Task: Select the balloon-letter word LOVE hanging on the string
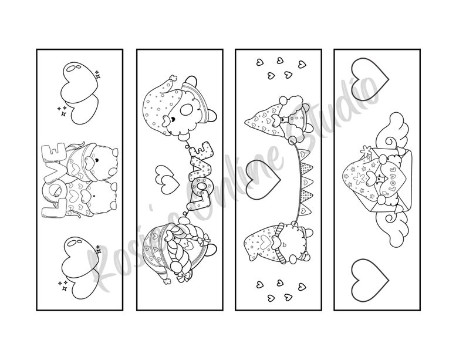198,175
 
